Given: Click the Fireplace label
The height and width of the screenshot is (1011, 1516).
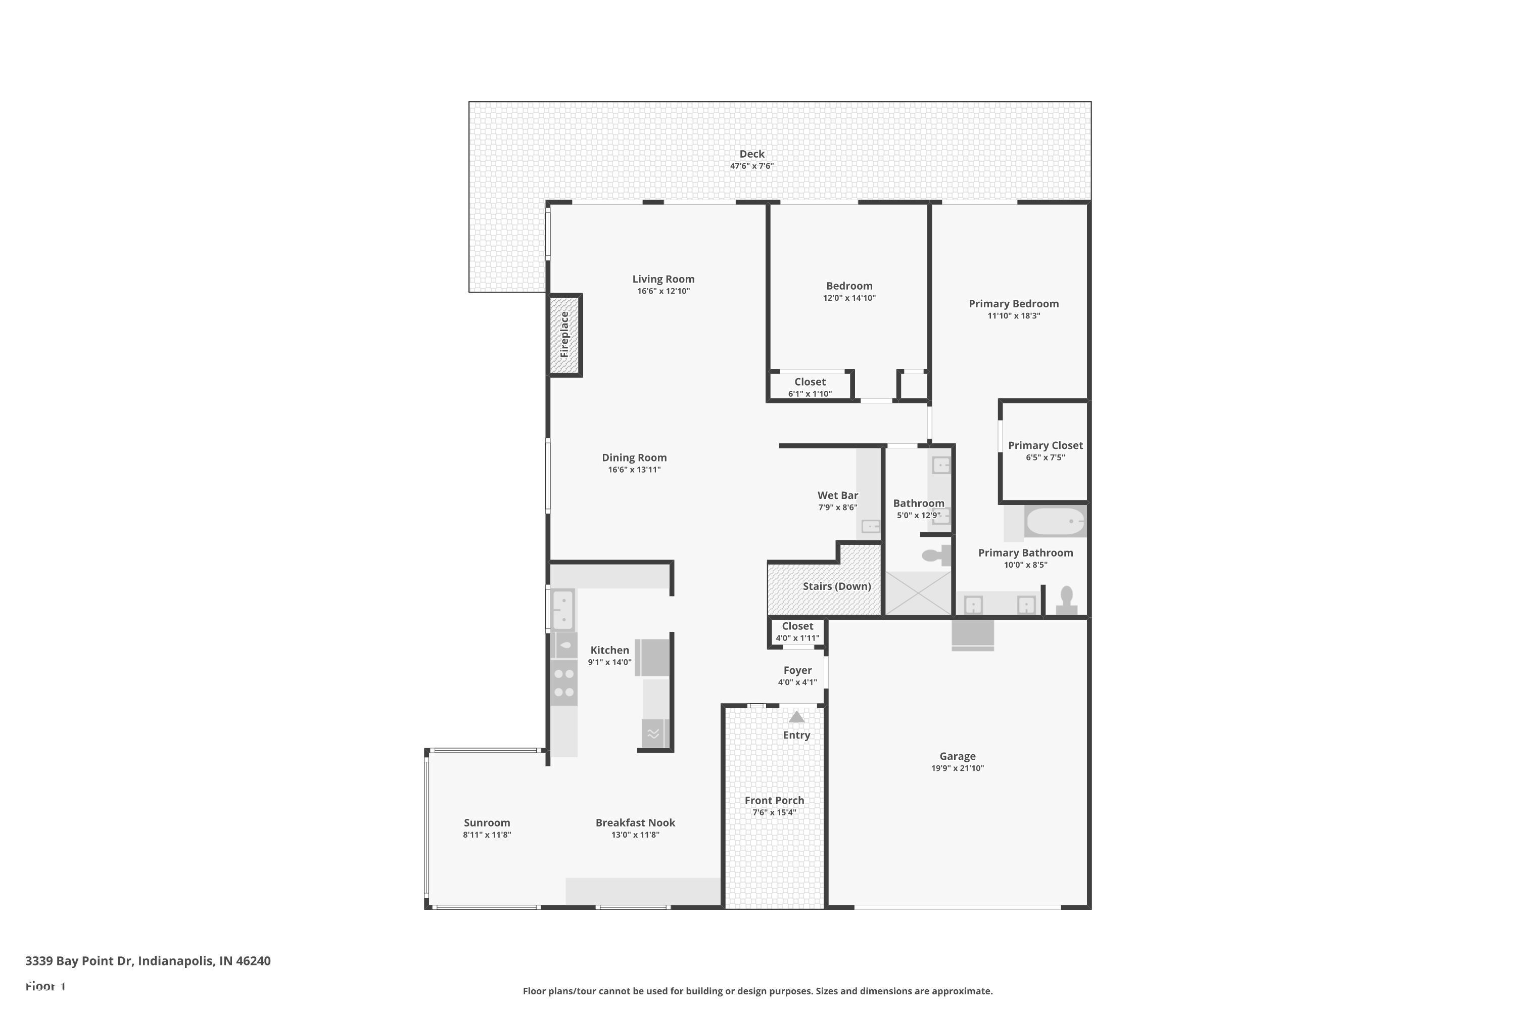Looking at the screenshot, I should click(x=564, y=335).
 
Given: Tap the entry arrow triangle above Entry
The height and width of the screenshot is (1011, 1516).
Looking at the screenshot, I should click(x=797, y=717).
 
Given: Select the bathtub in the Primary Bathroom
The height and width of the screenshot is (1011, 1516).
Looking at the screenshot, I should click(x=1055, y=521).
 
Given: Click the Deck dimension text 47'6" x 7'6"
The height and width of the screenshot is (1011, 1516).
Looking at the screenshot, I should click(x=751, y=166).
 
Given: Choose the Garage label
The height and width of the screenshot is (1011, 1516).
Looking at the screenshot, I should click(x=957, y=756).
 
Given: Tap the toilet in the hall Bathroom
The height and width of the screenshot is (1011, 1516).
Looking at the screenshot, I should click(x=936, y=555).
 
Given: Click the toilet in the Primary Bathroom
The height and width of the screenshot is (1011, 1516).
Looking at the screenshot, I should click(x=1066, y=600).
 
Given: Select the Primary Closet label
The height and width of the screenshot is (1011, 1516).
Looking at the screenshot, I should click(x=1045, y=445).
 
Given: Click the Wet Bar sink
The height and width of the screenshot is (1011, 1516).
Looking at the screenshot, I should click(x=870, y=527).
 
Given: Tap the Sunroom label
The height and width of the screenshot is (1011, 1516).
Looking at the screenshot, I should click(x=487, y=823).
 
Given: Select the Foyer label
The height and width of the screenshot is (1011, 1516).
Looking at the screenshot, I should click(x=797, y=671).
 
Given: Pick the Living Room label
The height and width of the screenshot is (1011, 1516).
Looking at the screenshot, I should click(x=663, y=279).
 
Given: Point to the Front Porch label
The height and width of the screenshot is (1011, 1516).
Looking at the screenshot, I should click(x=774, y=800).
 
